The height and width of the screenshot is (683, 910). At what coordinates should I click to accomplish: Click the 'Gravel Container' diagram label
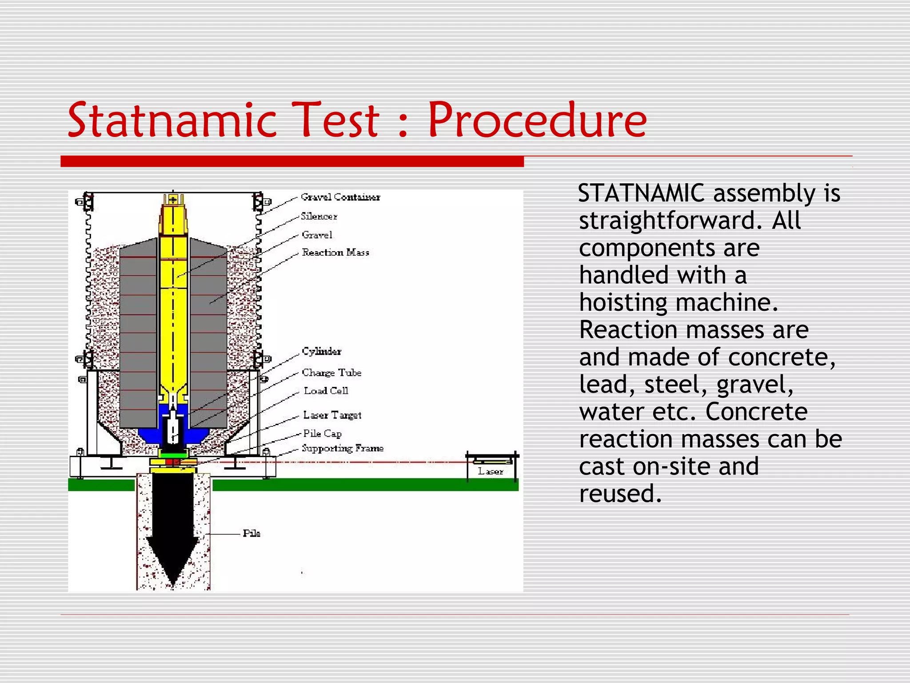click(340, 197)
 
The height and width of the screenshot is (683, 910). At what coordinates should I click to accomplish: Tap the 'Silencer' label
click(319, 217)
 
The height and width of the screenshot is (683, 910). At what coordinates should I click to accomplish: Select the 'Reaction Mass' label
click(335, 253)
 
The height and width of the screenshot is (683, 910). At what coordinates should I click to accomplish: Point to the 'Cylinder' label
click(322, 351)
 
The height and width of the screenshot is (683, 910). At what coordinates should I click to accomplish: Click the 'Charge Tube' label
click(331, 373)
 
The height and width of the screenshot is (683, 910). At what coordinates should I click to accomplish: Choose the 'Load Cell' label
click(326, 391)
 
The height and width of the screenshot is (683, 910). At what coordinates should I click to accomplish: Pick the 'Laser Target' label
click(332, 415)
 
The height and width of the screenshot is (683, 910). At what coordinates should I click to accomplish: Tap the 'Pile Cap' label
click(322, 433)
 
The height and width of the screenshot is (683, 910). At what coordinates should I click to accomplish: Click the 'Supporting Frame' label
click(343, 448)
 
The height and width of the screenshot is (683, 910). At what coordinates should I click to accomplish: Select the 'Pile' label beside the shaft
click(251, 533)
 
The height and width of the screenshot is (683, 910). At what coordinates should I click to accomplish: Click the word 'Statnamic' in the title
click(172, 120)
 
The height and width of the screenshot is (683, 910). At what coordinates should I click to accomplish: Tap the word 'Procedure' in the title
click(537, 120)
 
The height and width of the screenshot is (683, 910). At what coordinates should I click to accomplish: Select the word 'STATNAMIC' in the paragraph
click(642, 193)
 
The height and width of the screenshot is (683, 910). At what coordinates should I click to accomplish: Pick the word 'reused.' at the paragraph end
click(620, 494)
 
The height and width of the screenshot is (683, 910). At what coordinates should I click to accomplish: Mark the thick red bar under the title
click(292, 161)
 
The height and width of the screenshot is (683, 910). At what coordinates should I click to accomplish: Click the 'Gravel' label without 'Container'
click(317, 235)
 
